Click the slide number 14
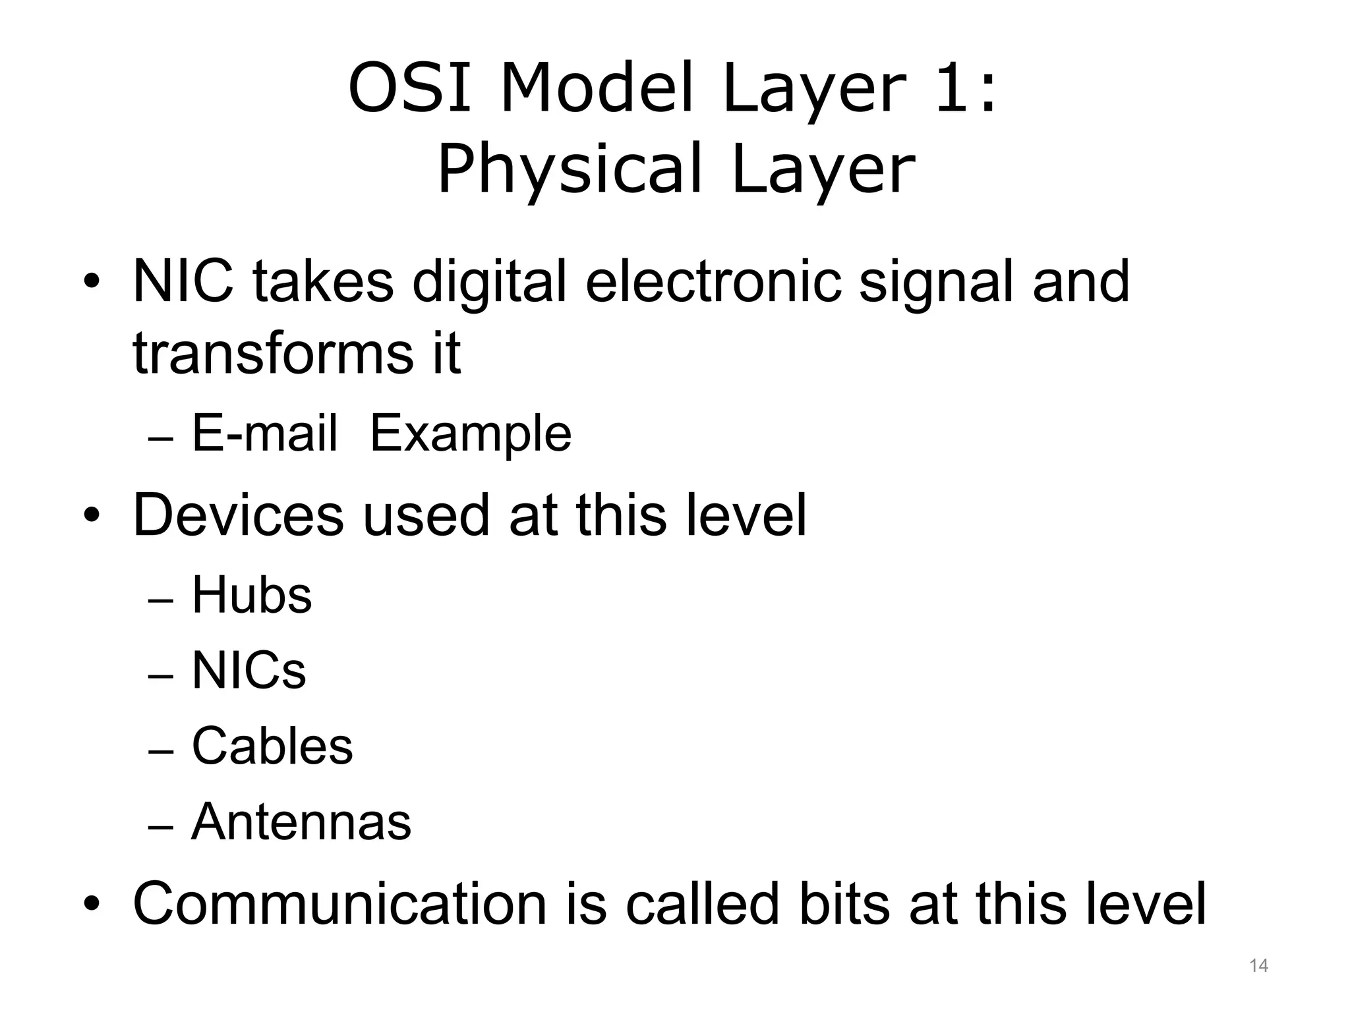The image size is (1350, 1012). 1258,966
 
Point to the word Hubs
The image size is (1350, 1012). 251,595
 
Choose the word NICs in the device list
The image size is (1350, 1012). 249,671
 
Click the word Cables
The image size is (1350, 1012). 272,746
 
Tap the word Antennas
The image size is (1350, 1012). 301,822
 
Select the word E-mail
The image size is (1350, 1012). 264,434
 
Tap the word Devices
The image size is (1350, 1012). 238,515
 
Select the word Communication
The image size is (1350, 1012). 339,904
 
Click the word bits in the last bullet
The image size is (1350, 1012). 844,904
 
